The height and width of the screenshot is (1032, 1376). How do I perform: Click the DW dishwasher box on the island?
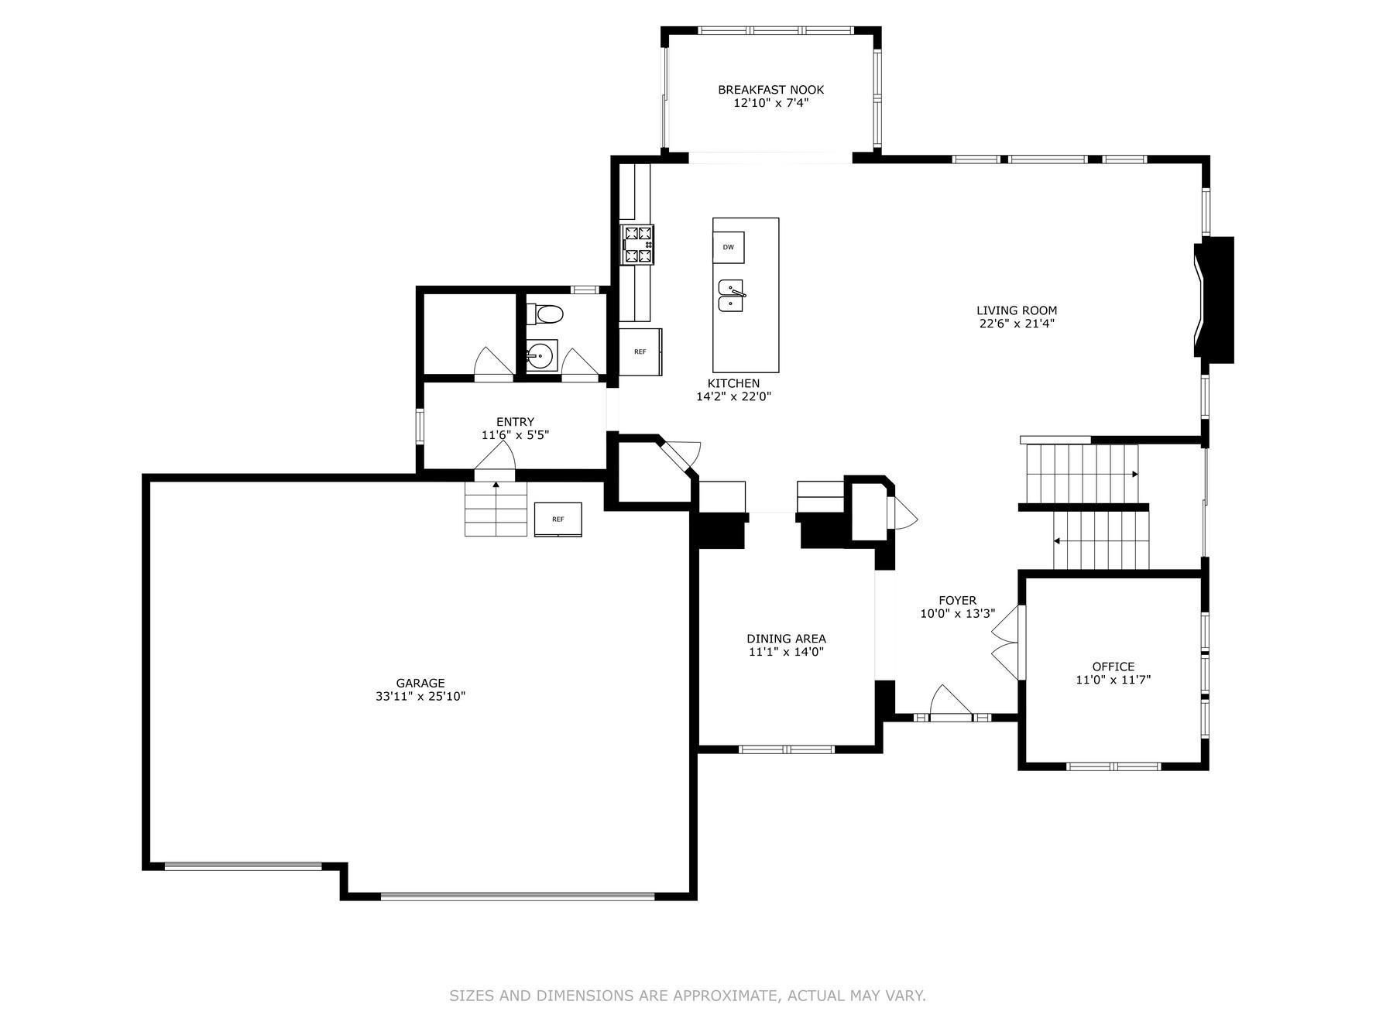point(728,247)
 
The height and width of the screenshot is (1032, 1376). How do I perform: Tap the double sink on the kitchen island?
point(731,295)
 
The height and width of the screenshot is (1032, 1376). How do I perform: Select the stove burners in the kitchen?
point(638,245)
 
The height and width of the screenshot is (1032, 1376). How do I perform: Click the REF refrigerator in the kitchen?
point(640,352)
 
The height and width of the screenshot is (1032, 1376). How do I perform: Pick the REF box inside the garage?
point(558,519)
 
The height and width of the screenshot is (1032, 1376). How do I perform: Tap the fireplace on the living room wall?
point(1213,300)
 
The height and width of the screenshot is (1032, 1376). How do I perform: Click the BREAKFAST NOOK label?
point(770,90)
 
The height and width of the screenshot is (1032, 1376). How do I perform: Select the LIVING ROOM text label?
point(1016,310)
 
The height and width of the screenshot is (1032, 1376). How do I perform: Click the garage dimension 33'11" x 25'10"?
point(420,696)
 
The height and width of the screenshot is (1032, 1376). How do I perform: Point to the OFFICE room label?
point(1113,667)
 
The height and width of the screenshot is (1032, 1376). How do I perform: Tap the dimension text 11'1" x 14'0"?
point(786,652)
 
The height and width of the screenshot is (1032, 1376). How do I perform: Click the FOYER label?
point(958,600)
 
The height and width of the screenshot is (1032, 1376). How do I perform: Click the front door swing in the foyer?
point(950,701)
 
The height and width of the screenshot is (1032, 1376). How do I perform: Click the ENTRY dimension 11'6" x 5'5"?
point(515,435)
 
